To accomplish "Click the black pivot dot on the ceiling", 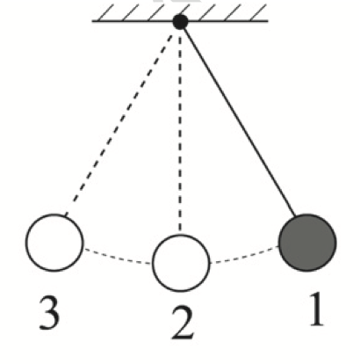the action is click(180, 22).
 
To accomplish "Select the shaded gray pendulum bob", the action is click(307, 243).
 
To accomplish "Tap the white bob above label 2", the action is click(181, 263).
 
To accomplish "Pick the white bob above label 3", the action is click(54, 243).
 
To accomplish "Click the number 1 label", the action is click(317, 309).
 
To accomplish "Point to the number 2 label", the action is click(183, 324).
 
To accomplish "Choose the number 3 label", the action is click(49, 313).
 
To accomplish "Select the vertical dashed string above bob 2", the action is click(180, 132).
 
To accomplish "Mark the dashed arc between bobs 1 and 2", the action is click(244, 256).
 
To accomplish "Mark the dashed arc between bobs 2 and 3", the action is click(118, 257).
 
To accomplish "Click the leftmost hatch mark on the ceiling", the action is click(104, 13).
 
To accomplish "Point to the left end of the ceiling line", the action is click(92, 21).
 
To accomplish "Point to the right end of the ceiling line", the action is click(268, 21).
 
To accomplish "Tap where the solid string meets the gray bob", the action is click(294, 216).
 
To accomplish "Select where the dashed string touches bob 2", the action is click(180, 234).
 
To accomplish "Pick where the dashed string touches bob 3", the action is click(65, 216).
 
